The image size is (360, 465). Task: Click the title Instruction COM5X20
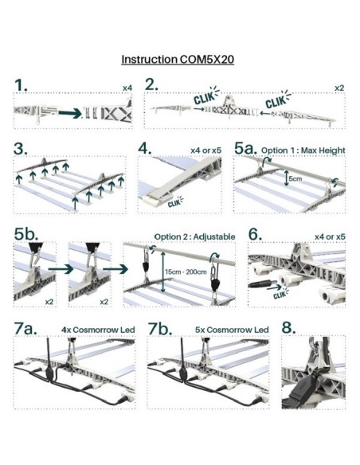(x=178, y=59)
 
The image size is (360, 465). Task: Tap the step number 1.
(x=21, y=85)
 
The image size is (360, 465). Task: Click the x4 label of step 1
(x=127, y=88)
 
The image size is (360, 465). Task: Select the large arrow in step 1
(x=70, y=113)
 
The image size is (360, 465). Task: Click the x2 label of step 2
(x=339, y=88)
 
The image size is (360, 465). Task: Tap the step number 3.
(x=21, y=148)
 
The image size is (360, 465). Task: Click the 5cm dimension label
(x=295, y=179)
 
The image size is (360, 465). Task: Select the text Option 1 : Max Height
(x=303, y=150)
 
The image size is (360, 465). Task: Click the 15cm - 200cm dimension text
(x=186, y=272)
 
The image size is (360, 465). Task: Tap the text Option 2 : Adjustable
(x=194, y=236)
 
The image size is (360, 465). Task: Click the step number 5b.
(x=26, y=233)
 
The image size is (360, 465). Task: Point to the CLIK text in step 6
(x=280, y=294)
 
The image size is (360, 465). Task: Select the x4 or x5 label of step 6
(x=330, y=237)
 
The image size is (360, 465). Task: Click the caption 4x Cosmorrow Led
(x=98, y=330)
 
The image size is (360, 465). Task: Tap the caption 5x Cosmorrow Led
(x=232, y=330)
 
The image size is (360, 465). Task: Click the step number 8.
(x=288, y=328)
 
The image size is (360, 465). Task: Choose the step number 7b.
(x=160, y=329)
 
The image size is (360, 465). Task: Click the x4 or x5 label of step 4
(x=206, y=150)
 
